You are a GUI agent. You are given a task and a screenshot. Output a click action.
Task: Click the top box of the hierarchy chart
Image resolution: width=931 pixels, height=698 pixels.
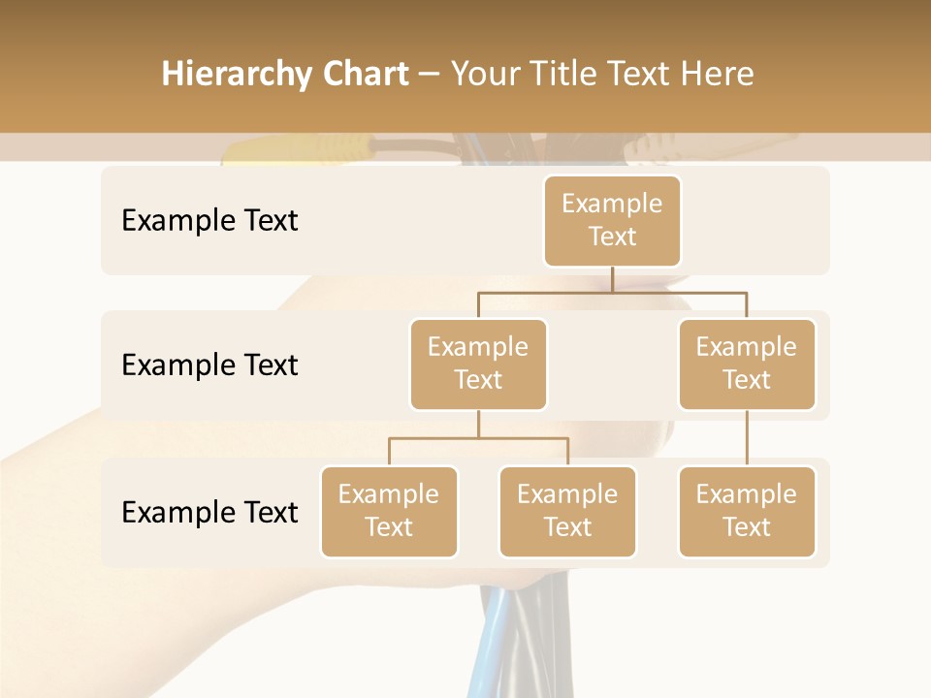pyautogui.click(x=612, y=220)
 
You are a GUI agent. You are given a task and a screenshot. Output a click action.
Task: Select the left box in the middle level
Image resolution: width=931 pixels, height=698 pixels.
pyautogui.click(x=478, y=364)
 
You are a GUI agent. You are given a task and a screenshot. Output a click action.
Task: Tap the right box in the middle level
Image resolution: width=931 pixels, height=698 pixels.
pyautogui.click(x=747, y=364)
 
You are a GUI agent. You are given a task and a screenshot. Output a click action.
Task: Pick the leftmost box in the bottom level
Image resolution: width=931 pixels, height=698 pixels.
pyautogui.click(x=389, y=511)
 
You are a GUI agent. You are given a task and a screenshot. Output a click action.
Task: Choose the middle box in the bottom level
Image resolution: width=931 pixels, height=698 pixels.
pyautogui.click(x=567, y=511)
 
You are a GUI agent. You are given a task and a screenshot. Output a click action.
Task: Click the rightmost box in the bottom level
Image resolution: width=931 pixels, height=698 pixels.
pyautogui.click(x=747, y=511)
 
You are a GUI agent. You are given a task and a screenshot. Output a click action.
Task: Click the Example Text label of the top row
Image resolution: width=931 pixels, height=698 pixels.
pyautogui.click(x=209, y=221)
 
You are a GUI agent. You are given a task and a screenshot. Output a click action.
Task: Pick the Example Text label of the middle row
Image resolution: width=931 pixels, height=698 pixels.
pyautogui.click(x=209, y=365)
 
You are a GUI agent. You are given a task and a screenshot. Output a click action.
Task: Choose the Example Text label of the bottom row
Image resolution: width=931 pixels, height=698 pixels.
pyautogui.click(x=209, y=512)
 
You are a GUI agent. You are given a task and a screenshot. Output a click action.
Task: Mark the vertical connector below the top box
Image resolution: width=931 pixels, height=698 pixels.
pyautogui.click(x=612, y=279)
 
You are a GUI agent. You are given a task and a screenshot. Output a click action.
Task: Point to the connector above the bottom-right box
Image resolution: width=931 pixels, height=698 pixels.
pyautogui.click(x=747, y=438)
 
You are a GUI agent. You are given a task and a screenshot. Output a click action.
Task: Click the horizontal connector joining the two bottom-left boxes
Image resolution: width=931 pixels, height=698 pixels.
pyautogui.click(x=478, y=438)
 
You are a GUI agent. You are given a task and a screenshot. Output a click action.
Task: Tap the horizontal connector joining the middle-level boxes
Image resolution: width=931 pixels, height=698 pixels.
pyautogui.click(x=612, y=292)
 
